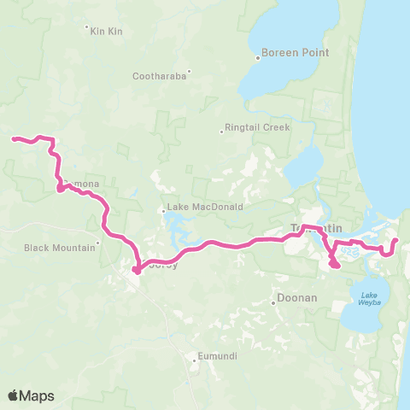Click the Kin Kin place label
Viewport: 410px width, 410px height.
(107, 31)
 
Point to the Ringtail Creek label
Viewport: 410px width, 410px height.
(257, 127)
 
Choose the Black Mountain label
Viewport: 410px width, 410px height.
(59, 248)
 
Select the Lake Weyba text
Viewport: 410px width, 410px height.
(369, 298)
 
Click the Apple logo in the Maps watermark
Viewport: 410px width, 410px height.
(14, 395)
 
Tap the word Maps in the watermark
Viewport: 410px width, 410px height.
(38, 395)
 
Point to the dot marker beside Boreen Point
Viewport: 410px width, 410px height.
(258, 58)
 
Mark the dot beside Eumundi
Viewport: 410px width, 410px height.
(195, 359)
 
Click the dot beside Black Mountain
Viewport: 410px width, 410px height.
(99, 243)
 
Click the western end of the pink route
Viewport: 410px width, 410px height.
(13, 138)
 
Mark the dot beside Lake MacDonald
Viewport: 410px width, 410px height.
(163, 210)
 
